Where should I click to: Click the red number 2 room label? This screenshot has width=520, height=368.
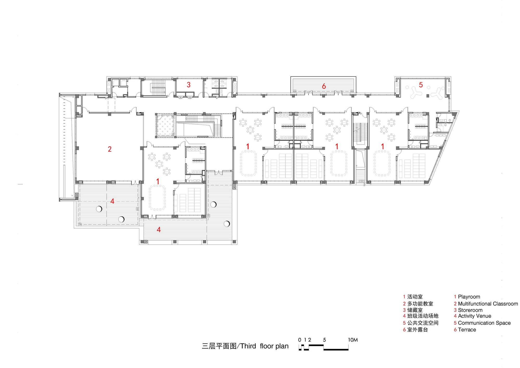click(110, 149)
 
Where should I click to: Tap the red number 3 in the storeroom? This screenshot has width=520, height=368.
click(189, 85)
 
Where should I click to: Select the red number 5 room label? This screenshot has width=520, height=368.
click(421, 85)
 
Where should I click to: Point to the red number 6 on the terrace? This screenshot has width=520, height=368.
click(324, 86)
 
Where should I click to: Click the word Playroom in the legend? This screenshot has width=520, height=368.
click(469, 297)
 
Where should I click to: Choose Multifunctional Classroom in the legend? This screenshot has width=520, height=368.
click(488, 304)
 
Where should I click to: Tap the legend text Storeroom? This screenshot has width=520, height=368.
click(470, 310)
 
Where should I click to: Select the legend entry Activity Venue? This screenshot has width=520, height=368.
click(474, 316)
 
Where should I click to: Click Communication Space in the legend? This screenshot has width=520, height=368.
click(484, 323)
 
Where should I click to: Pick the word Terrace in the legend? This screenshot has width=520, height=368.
click(467, 330)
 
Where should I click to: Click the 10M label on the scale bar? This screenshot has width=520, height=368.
click(353, 340)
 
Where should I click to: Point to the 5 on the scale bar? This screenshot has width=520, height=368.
click(324, 340)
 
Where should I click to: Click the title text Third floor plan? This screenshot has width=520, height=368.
click(264, 346)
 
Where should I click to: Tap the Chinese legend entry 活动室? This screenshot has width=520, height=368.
click(415, 297)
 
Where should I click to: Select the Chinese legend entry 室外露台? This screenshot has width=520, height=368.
click(417, 330)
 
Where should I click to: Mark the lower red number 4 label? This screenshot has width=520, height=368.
click(159, 230)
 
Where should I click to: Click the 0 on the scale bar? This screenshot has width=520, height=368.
click(300, 340)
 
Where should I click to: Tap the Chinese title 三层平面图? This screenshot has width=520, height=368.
click(219, 346)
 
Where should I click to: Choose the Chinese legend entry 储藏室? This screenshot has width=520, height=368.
click(415, 310)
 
